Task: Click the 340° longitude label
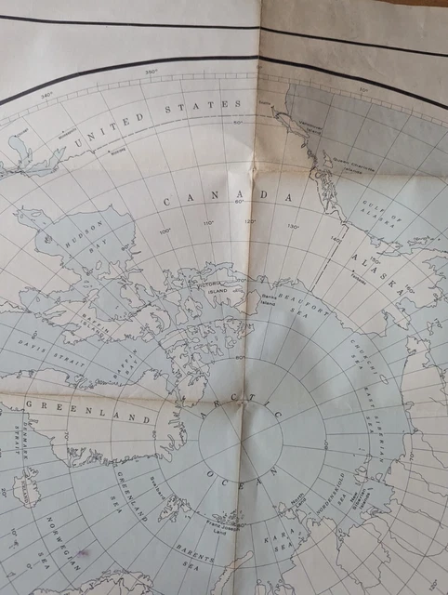tap(47, 94)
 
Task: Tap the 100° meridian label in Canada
tap(165, 231)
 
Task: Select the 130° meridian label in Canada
tap(293, 227)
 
